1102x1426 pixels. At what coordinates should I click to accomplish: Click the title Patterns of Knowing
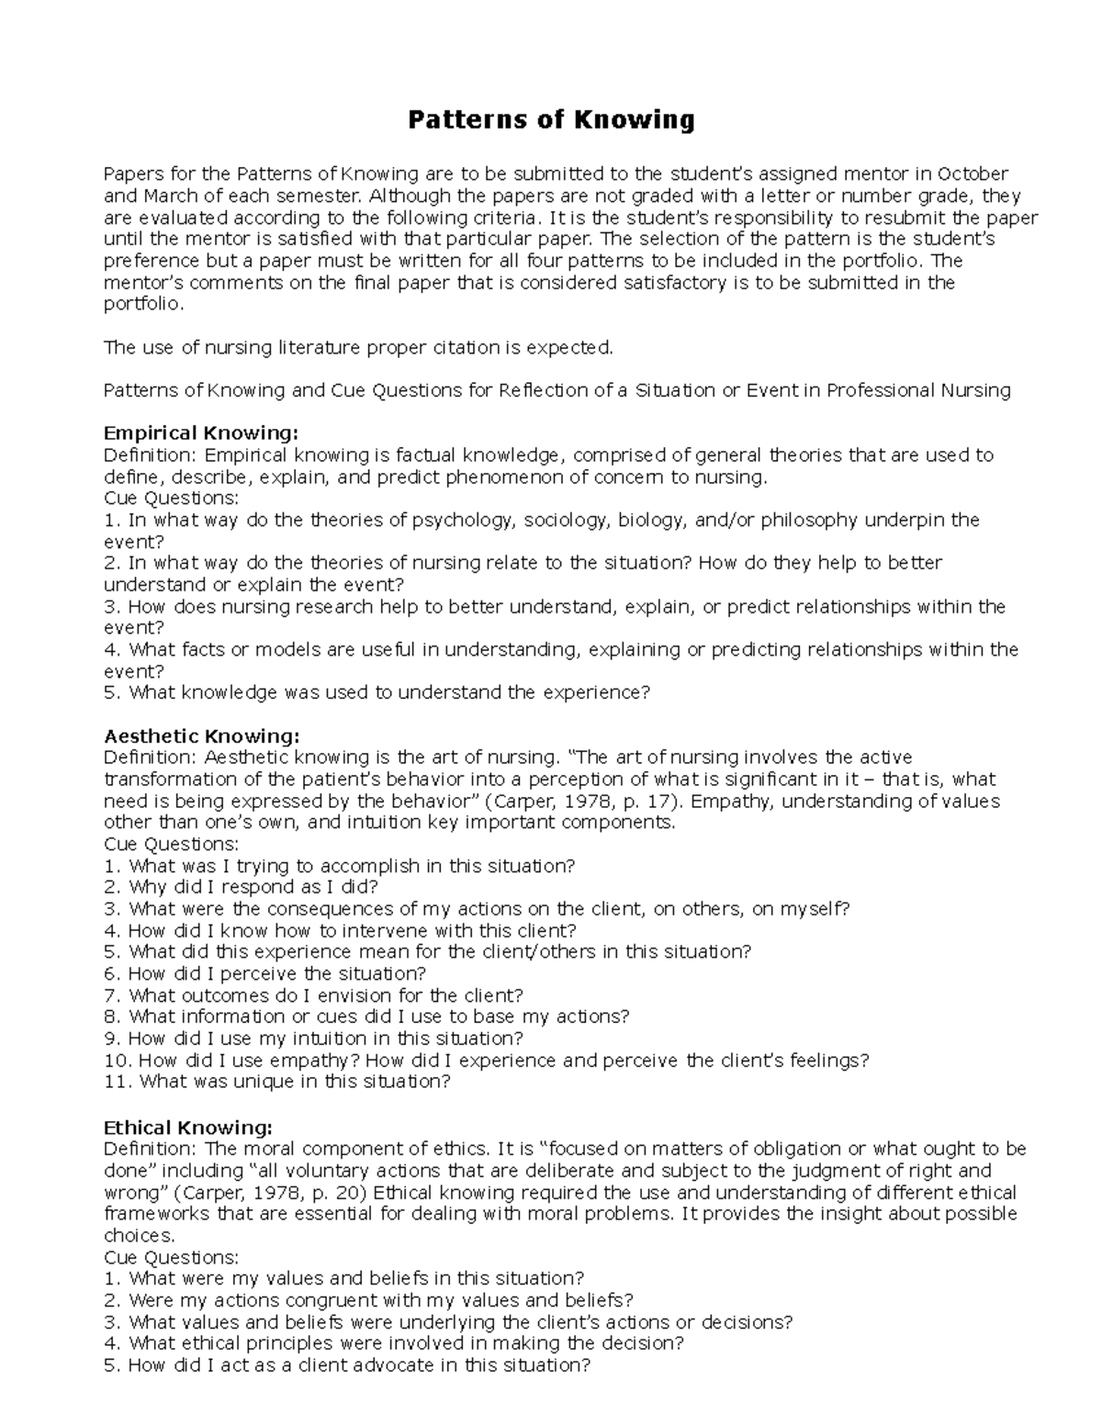tap(551, 119)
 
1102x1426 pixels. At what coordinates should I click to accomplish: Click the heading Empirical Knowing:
tap(201, 433)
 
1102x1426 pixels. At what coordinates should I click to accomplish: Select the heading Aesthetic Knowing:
tap(201, 736)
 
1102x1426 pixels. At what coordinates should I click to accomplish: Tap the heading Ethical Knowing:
tap(188, 1128)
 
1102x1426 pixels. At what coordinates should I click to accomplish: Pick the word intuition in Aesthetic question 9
tap(330, 1039)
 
